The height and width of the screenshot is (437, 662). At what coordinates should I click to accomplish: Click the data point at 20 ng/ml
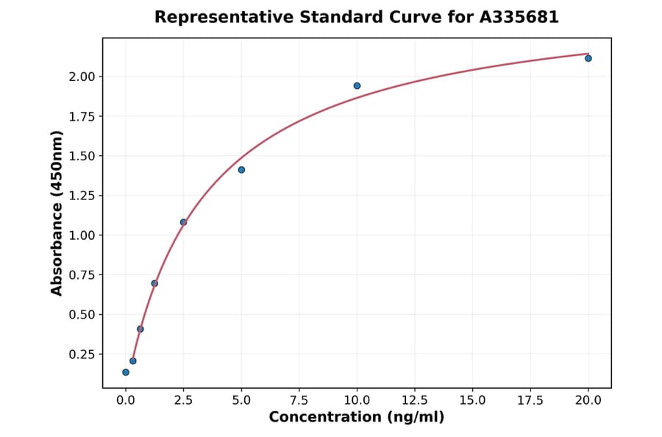[588, 58]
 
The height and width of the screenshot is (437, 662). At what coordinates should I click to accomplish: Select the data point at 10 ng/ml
[357, 86]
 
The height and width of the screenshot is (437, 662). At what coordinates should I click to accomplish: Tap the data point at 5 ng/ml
[241, 170]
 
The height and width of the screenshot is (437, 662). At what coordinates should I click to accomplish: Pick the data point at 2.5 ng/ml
[183, 222]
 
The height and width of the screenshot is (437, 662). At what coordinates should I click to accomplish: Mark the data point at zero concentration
[126, 372]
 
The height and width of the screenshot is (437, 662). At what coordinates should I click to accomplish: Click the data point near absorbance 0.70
[154, 283]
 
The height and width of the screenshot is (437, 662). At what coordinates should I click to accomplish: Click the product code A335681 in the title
[519, 17]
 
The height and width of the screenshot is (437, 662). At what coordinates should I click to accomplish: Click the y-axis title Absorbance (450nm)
[57, 213]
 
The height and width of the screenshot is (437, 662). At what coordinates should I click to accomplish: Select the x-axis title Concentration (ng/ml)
[357, 417]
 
